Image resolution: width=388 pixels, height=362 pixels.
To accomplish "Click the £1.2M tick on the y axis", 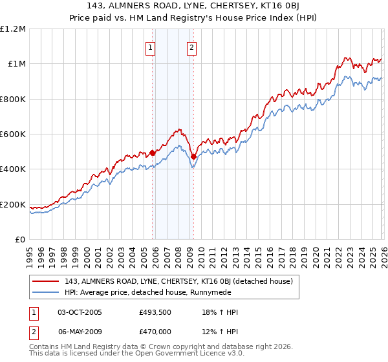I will [x=14, y=28].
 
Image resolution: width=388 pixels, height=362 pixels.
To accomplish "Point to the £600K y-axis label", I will [x=14, y=134].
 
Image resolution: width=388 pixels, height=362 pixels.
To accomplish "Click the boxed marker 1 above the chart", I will [x=151, y=47].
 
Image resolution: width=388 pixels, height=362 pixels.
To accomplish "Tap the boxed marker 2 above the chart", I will [x=193, y=47].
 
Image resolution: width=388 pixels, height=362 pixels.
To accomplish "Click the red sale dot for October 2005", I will [x=153, y=153].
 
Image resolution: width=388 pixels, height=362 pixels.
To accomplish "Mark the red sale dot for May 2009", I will [x=193, y=156].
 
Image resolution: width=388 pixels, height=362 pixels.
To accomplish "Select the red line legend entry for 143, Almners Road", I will [x=179, y=281].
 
